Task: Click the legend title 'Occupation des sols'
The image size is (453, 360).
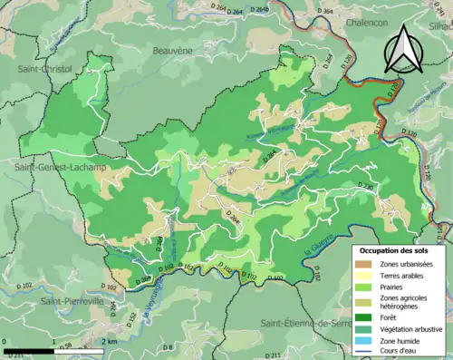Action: click(x=397, y=249)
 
